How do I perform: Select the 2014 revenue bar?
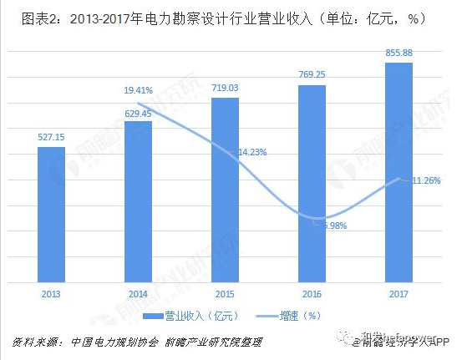(x=138, y=200)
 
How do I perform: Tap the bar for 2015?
(x=225, y=189)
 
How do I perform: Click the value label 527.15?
(x=51, y=137)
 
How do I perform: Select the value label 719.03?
(x=225, y=88)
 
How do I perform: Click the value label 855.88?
(x=398, y=53)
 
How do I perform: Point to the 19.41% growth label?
(x=139, y=89)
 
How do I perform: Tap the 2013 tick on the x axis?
(x=51, y=293)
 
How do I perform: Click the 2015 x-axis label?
(x=225, y=293)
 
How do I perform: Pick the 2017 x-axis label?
(x=398, y=293)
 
